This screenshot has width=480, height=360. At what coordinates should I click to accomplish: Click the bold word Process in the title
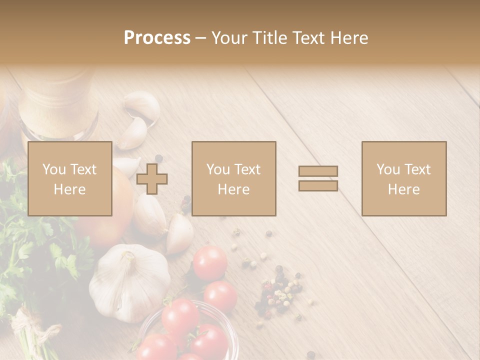(x=157, y=38)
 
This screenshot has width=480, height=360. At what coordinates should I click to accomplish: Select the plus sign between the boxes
(x=152, y=179)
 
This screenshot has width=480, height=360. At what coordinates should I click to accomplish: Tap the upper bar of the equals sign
(x=318, y=171)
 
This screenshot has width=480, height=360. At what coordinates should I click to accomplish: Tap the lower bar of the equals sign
(x=318, y=185)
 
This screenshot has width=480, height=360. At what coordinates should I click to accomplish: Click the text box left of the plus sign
(x=69, y=178)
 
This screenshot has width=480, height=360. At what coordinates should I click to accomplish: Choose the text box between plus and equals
(x=233, y=178)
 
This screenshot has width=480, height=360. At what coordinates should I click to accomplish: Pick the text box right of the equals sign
(x=403, y=178)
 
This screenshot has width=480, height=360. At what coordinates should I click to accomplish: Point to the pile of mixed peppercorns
(x=277, y=292)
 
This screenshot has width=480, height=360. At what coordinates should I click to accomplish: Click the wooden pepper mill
(x=57, y=105)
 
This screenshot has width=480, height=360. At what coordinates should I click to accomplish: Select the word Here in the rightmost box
(x=403, y=189)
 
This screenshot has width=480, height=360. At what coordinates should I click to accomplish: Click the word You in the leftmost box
(x=54, y=169)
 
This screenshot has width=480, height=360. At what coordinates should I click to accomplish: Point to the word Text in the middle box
(x=247, y=169)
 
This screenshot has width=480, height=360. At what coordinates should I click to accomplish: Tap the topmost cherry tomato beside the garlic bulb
(x=210, y=262)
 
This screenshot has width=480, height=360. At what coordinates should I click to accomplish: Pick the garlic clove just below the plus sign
(x=149, y=215)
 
